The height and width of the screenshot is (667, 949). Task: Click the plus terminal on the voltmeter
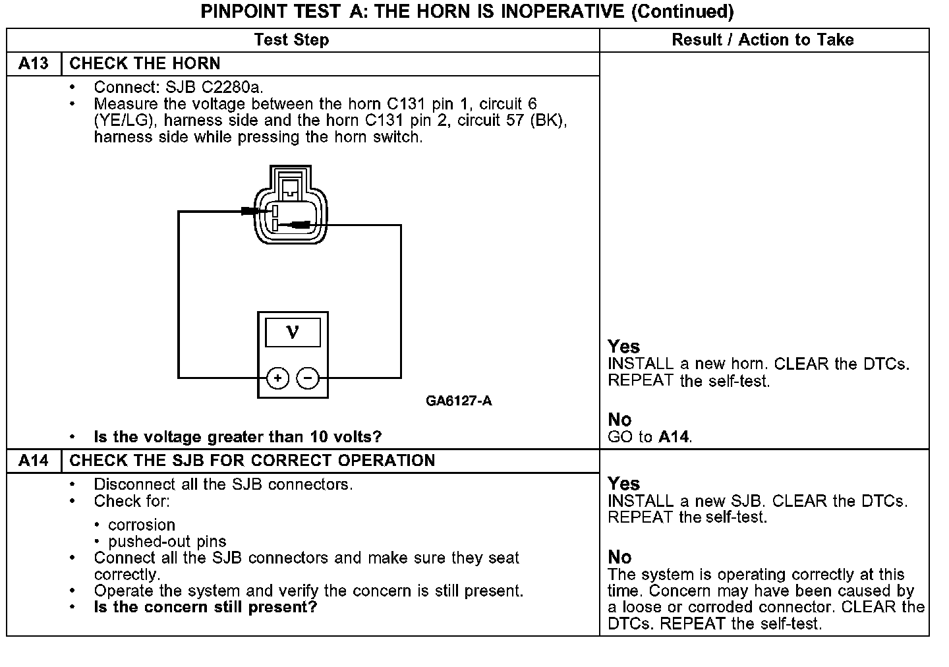click(x=278, y=378)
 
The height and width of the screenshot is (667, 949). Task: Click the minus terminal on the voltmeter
click(x=308, y=378)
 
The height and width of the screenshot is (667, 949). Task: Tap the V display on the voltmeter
click(x=293, y=332)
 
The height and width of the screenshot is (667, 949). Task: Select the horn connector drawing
click(x=290, y=205)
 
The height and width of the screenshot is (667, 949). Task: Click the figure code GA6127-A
click(x=459, y=401)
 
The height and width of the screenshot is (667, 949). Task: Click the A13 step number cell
click(x=34, y=63)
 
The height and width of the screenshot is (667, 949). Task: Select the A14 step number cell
click(x=34, y=460)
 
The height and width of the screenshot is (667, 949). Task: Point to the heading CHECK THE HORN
click(x=145, y=63)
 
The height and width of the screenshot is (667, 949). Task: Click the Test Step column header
click(x=291, y=40)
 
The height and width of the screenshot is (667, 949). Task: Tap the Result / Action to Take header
click(x=762, y=40)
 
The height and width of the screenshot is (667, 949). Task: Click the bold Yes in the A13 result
click(x=623, y=346)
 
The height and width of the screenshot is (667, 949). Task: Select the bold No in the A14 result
click(x=619, y=557)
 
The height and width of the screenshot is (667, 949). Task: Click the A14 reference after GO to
click(x=674, y=436)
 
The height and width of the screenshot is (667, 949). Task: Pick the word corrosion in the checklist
click(x=142, y=525)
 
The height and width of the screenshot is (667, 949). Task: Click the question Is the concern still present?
click(x=205, y=606)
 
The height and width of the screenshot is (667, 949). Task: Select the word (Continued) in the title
click(x=682, y=11)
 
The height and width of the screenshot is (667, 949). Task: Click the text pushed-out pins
click(x=167, y=541)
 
